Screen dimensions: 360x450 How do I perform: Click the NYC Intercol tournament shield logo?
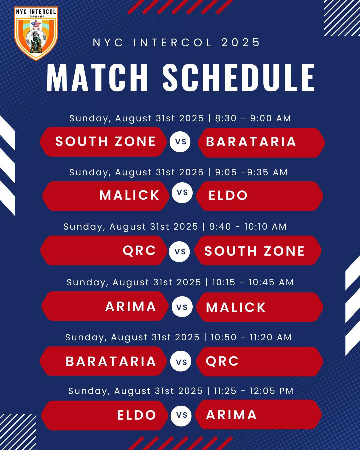pyautogui.click(x=36, y=33)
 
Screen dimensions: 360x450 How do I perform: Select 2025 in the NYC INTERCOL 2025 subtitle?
pyautogui.click(x=241, y=43)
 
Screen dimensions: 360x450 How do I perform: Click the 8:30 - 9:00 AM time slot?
pyautogui.click(x=253, y=118)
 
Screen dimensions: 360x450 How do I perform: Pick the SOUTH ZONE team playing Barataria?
pyautogui.click(x=105, y=141)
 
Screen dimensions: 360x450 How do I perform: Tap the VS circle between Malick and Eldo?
pyautogui.click(x=182, y=193)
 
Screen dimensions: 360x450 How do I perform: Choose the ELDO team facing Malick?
pyautogui.click(x=228, y=196)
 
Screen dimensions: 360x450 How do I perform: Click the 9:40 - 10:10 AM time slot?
pyautogui.click(x=248, y=227)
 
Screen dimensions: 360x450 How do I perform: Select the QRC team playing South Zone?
pyautogui.click(x=139, y=250)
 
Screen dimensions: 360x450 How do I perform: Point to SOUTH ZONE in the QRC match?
pyautogui.click(x=254, y=251)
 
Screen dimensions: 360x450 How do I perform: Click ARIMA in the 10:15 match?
pyautogui.click(x=131, y=307)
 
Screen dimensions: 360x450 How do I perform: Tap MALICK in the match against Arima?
pyautogui.click(x=236, y=307)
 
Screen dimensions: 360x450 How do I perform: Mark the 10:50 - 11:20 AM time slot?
pyautogui.click(x=251, y=337)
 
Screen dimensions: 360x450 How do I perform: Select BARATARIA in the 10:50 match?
pyautogui.click(x=111, y=361)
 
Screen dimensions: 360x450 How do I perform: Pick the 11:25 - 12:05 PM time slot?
pyautogui.click(x=254, y=391)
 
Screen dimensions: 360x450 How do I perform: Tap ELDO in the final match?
pyautogui.click(x=137, y=415)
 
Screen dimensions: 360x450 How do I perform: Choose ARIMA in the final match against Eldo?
pyautogui.click(x=232, y=415)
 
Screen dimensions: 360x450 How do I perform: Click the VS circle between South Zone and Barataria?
pyautogui.click(x=180, y=142)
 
